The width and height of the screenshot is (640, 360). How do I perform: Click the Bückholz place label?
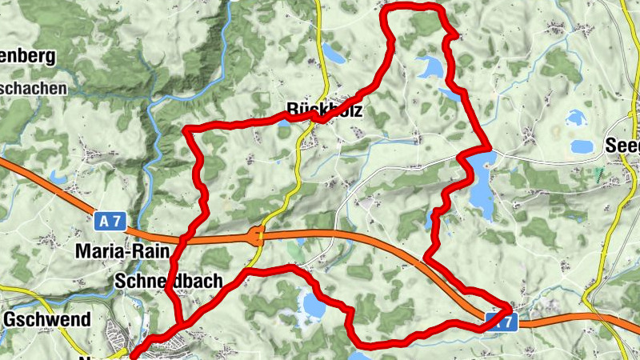pyautogui.click(x=324, y=111)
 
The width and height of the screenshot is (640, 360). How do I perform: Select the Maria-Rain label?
pyautogui.click(x=122, y=251)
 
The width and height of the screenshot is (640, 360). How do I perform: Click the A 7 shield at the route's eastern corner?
pyautogui.click(x=502, y=322)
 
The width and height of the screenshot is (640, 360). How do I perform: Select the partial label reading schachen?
pyautogui.click(x=34, y=89)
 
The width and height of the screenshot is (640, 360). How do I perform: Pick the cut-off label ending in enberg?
pyautogui.click(x=28, y=56)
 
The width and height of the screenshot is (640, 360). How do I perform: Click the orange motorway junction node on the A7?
pyautogui.click(x=258, y=235)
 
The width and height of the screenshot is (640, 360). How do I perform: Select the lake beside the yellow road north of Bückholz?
pyautogui.click(x=334, y=54)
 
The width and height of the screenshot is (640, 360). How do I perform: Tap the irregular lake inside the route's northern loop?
pyautogui.click(x=429, y=68)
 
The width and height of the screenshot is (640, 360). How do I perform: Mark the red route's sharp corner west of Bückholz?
pyautogui.click(x=187, y=129)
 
